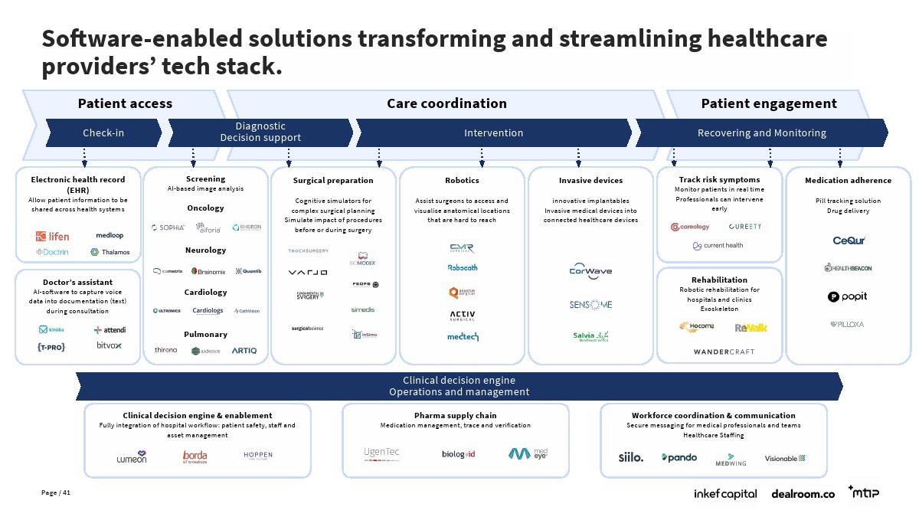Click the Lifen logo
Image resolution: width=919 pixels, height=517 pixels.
52,236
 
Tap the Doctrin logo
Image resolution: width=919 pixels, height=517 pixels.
51,252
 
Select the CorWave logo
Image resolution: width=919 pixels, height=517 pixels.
590,270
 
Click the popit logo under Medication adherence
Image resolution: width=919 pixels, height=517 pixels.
847,296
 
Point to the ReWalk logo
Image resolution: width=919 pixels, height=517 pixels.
751,328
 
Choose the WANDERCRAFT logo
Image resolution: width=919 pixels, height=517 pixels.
724,352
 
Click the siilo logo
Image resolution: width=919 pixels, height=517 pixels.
631,458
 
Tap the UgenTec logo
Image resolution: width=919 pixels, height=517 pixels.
381,453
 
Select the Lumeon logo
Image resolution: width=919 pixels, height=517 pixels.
131,457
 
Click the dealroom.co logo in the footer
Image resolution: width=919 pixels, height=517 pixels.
803,494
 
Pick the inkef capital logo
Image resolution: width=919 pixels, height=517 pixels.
725,494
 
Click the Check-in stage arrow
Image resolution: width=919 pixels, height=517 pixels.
103,133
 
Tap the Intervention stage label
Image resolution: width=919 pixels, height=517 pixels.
493,133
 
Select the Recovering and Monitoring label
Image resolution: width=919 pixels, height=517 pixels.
761,133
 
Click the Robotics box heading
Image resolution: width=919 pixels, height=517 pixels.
462,181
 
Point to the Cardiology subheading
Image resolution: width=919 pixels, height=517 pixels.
205,292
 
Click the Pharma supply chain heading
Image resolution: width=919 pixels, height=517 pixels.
455,415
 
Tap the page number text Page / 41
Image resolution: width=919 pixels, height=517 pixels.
56,492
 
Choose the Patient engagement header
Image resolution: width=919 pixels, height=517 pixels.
769,103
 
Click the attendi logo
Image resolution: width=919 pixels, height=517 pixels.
110,329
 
